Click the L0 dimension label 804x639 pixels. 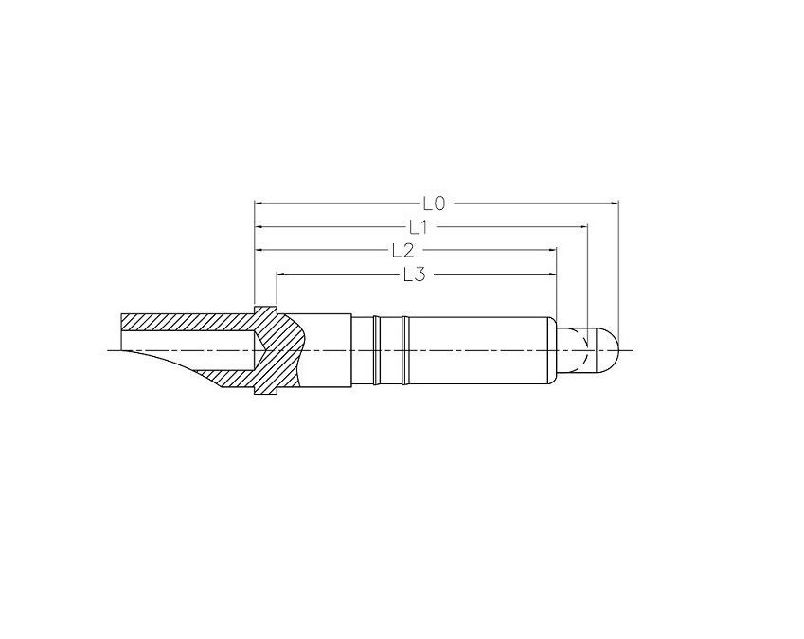click(x=435, y=203)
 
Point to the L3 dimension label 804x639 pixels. click(x=415, y=275)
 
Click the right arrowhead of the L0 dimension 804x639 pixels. click(x=614, y=203)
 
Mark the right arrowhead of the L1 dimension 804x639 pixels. click(x=584, y=226)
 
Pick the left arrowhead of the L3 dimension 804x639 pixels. click(x=281, y=275)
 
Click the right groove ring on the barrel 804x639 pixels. click(x=405, y=350)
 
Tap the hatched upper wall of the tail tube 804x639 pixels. click(x=189, y=321)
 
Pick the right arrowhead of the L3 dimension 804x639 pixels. click(x=552, y=275)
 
